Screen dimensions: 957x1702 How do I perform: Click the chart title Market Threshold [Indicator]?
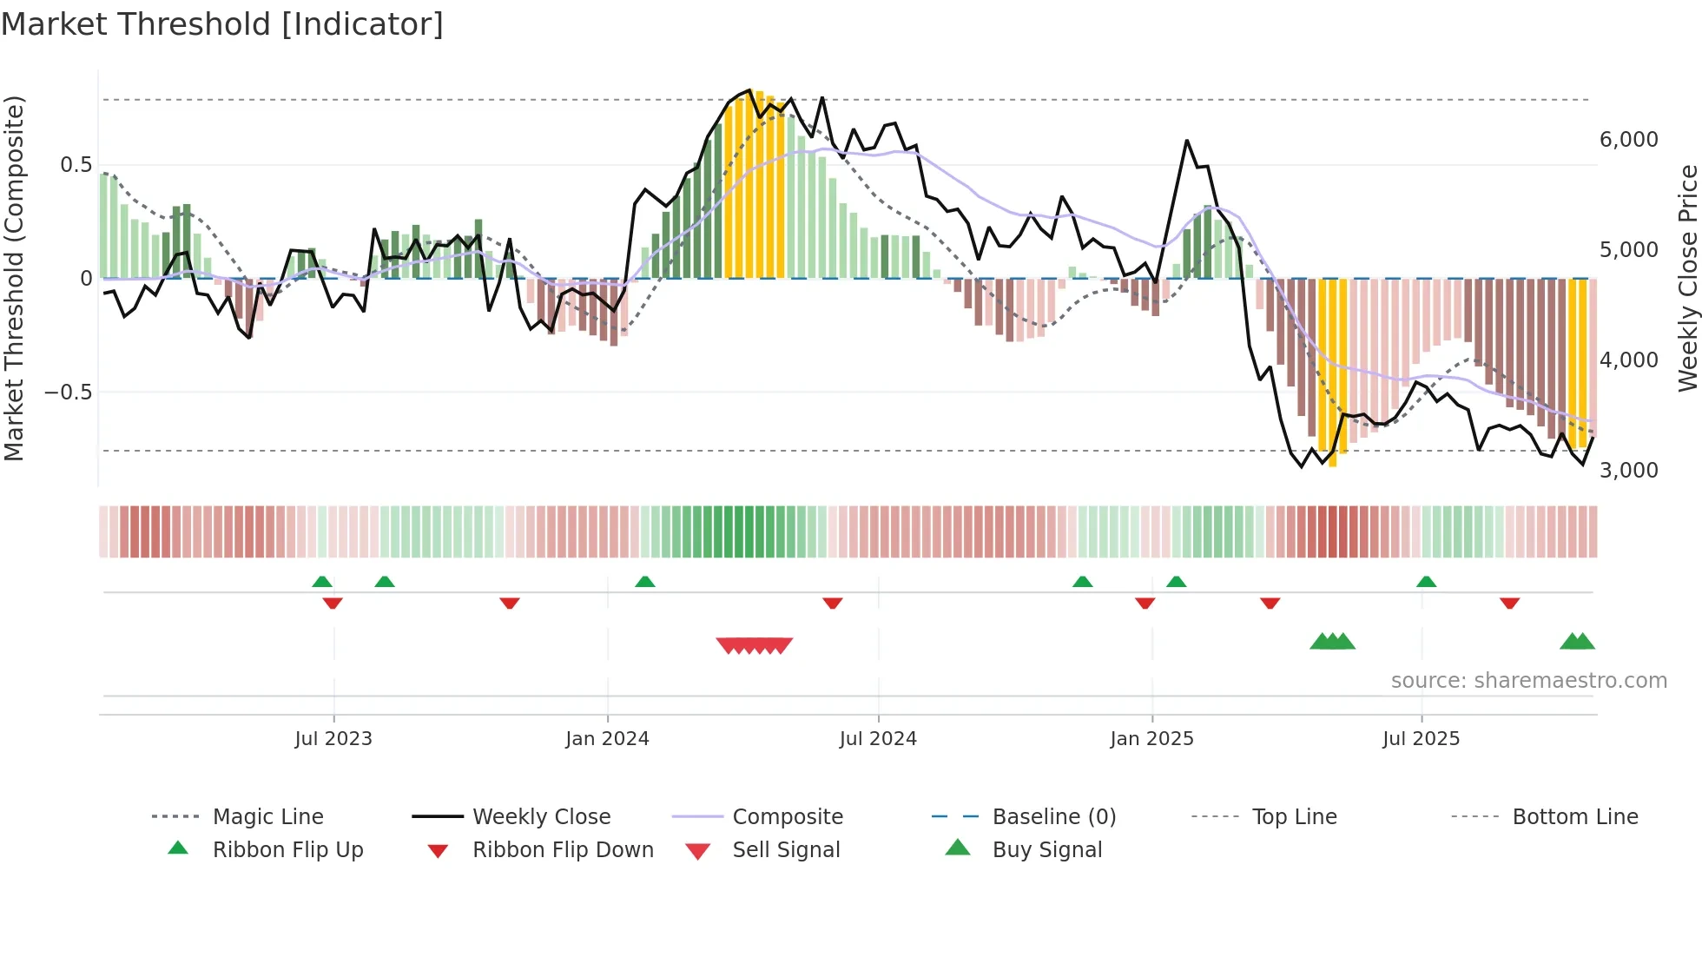[222, 24]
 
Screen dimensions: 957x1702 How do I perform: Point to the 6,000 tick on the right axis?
[1628, 140]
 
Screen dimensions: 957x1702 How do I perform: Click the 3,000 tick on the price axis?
[1628, 471]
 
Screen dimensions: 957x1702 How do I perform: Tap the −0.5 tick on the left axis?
[68, 393]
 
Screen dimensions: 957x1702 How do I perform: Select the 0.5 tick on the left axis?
[76, 165]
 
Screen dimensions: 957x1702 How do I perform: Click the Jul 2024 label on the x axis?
[878, 739]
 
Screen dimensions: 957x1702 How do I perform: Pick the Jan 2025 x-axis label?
[1151, 739]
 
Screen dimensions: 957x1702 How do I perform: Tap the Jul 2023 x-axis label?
[333, 739]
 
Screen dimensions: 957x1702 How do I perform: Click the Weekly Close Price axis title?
[1687, 278]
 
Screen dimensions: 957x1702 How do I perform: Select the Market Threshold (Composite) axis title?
[14, 278]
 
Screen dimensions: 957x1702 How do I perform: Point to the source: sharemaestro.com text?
[1528, 681]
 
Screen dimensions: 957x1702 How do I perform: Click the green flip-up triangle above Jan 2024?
[645, 582]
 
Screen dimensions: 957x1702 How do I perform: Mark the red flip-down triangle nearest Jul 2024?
[833, 603]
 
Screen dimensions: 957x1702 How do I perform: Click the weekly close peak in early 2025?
[1186, 141]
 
